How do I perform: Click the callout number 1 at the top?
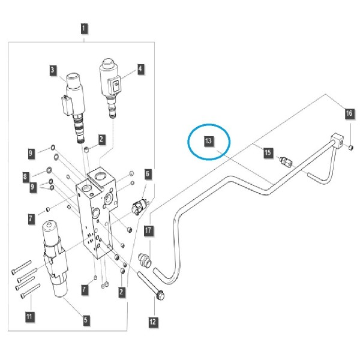click(84, 28)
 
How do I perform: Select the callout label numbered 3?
click(53, 70)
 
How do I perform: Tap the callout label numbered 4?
click(140, 69)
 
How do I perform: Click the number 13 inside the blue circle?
click(209, 141)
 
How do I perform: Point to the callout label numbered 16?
click(349, 113)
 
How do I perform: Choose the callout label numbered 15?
click(268, 152)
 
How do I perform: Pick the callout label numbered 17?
click(148, 230)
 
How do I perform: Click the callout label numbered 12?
click(152, 322)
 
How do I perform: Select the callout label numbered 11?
click(29, 317)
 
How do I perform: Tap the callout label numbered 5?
click(86, 320)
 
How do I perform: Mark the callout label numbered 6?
click(148, 174)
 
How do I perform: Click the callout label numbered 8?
click(25, 177)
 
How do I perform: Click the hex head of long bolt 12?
click(160, 295)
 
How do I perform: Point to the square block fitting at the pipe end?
click(337, 140)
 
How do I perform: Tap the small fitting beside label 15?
click(286, 162)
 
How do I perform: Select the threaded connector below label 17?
click(145, 260)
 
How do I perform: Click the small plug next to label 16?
click(350, 148)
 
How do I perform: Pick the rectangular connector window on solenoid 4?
click(116, 85)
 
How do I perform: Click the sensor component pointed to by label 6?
click(139, 206)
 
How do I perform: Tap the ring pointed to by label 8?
click(49, 170)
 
